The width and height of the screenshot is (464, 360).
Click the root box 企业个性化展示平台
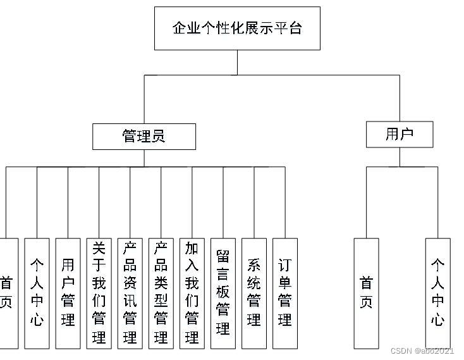pos(237,28)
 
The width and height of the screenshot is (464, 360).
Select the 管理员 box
pos(144,136)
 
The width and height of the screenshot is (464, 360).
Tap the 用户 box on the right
pos(400,134)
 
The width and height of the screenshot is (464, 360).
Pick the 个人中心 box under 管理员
pos(37,293)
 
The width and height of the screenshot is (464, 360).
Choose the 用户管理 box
pos(68,293)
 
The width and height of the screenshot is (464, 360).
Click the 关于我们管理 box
pos(99,293)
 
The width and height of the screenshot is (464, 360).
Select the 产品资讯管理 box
pos(130,293)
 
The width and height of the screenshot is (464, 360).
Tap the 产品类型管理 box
pos(161,293)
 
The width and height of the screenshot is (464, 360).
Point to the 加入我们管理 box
pos(192,293)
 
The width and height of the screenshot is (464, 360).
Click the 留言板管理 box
pos(223,293)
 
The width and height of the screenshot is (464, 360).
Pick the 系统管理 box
pos(254,293)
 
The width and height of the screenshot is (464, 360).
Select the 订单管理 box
pos(285,293)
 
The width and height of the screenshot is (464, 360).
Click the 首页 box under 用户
pos(366,293)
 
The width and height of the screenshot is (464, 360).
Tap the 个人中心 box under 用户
pos(437,293)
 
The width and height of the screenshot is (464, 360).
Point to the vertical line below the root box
pos(238,62)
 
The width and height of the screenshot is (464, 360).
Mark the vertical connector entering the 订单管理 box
pos(285,202)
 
